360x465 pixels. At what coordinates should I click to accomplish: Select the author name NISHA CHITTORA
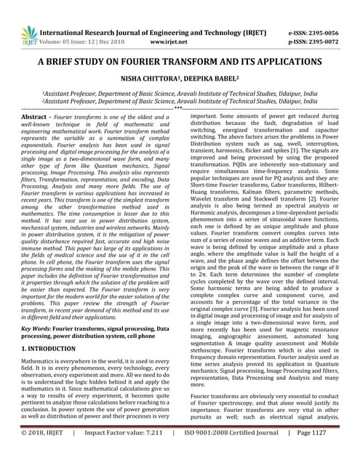[149, 81]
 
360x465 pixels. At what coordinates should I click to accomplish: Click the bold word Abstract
[34, 116]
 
